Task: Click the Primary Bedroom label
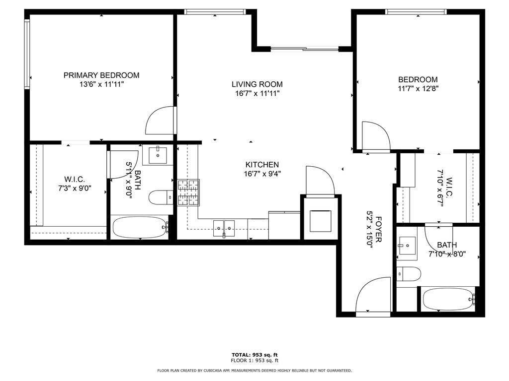tap(101, 75)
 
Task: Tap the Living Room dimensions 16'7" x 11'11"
tap(258, 94)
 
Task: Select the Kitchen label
tap(262, 165)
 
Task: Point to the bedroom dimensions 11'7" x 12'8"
tap(418, 89)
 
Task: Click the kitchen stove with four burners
tap(188, 192)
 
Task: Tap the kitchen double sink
tap(224, 226)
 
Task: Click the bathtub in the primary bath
tap(140, 227)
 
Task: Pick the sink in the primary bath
tap(157, 154)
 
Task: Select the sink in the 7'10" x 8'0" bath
tap(407, 245)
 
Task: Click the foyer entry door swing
tap(373, 296)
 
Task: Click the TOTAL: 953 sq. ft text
tap(254, 354)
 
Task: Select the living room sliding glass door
tap(304, 49)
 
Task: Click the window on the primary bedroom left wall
tap(27, 54)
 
